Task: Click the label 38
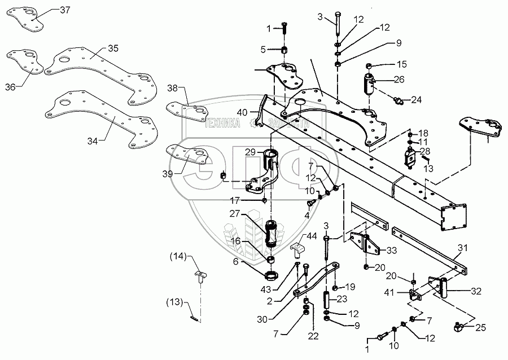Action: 172,88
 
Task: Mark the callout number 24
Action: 416,100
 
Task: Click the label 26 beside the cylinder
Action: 400,80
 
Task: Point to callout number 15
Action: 401,64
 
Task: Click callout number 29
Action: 249,152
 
